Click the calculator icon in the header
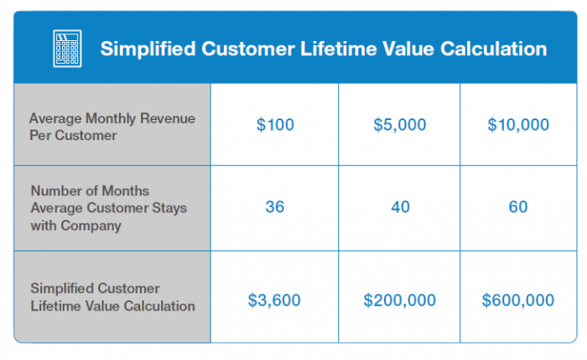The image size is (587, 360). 67,49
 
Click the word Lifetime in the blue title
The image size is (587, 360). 338,49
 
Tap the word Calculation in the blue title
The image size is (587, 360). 493,49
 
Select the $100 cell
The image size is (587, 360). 275,124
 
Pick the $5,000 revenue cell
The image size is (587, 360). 400,124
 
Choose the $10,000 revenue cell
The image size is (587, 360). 518,124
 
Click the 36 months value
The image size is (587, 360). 275,206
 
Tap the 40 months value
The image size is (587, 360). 401,206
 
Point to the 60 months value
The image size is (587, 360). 518,206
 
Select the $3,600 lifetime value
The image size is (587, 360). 274,300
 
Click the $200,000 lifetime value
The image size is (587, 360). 400,300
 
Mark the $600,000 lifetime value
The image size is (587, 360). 518,300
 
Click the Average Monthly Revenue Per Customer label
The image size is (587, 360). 112,127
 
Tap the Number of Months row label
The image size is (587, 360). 108,208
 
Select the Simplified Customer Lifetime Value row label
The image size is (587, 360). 112,297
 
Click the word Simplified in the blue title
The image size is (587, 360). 148,49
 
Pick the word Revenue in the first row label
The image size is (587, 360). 168,118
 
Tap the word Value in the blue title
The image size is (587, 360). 408,49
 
